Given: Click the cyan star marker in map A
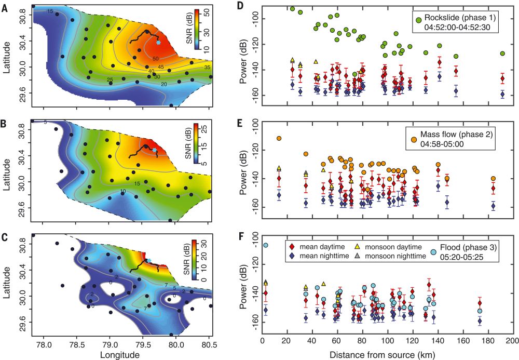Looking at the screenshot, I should click(158, 42).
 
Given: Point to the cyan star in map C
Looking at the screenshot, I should click(149, 260).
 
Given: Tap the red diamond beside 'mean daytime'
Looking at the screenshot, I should click(292, 244).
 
